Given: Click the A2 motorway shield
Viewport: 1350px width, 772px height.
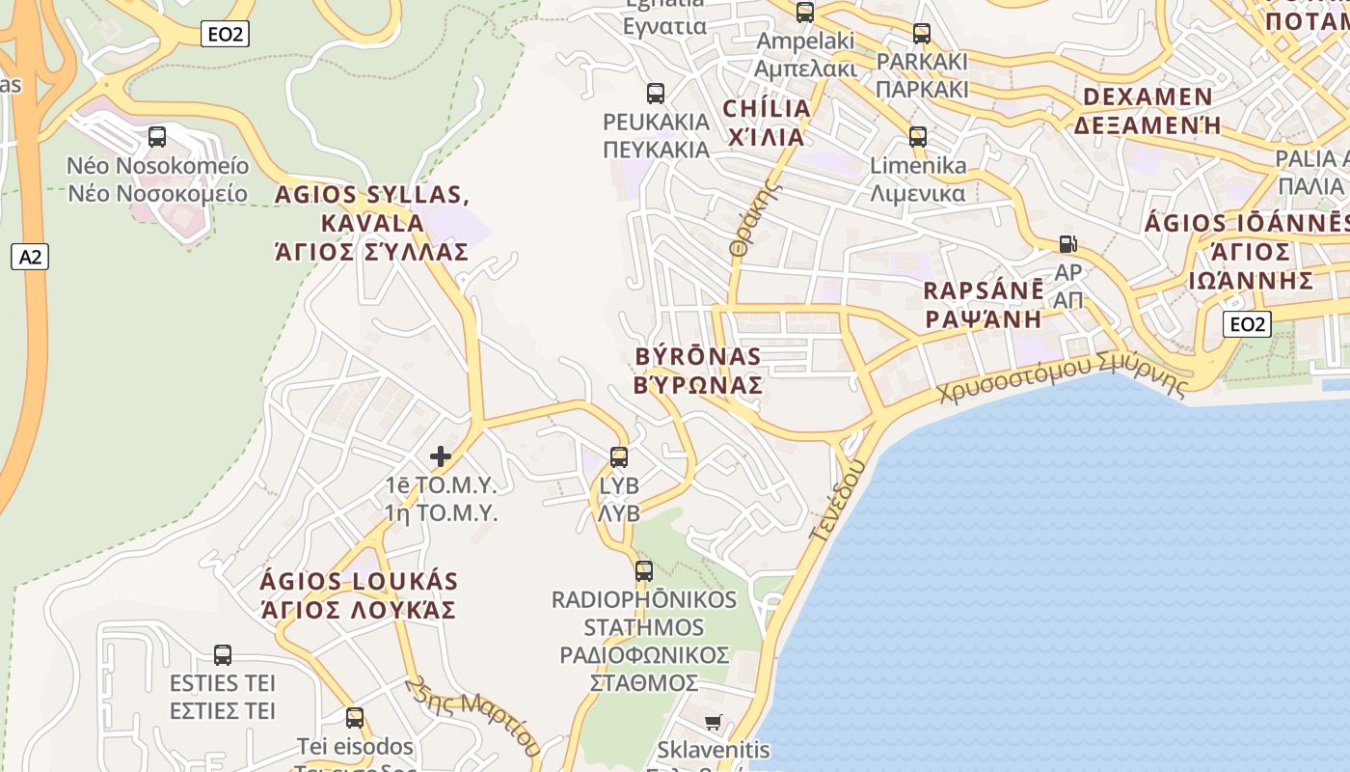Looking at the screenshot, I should point(31,257).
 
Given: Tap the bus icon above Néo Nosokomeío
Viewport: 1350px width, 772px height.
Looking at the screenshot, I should point(157,137).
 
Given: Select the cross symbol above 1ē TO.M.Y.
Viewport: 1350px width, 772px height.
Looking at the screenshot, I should point(441,455).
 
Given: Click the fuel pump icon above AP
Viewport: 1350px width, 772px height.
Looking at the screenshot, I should point(1067,244).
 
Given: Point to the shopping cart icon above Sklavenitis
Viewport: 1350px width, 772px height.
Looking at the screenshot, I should point(713,722).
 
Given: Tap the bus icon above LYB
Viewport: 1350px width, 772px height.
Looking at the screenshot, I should point(619,456).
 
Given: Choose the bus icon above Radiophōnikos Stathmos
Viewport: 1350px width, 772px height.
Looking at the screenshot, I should point(644,570).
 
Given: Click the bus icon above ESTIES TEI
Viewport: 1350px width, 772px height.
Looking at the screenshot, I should point(223,655).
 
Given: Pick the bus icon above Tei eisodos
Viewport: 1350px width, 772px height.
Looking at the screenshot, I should point(355,718).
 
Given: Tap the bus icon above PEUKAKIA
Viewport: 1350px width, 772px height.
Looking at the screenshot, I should point(656,94).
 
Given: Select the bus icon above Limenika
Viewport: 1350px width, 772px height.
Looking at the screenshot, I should point(918,137).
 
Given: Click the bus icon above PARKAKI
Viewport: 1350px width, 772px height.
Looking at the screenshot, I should point(922,34).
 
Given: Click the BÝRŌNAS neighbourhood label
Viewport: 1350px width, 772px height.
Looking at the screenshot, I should point(699,371).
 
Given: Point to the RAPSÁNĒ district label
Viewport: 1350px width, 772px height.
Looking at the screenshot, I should point(984,304).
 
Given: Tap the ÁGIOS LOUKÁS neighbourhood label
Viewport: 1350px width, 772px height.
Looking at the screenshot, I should point(359,595).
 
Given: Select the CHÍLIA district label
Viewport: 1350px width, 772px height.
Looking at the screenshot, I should point(767,122).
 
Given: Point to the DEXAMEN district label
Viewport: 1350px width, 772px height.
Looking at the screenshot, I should point(1147,111).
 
